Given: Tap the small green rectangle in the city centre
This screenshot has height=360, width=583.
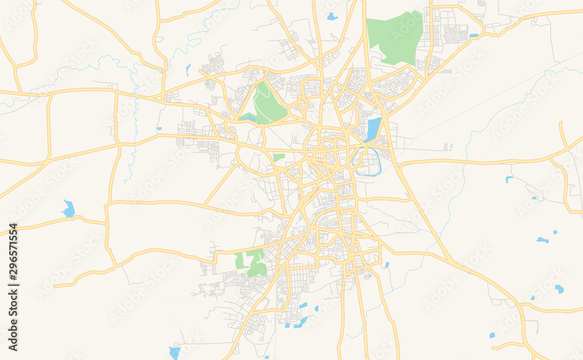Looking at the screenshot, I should [279, 157].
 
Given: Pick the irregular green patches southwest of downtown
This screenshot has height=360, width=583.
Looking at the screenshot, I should [252, 262].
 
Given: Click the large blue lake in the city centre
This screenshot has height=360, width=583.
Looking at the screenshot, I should [373, 130].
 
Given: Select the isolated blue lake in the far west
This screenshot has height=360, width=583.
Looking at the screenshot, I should [69, 208].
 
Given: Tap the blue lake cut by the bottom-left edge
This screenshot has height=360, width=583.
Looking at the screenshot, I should [174, 352].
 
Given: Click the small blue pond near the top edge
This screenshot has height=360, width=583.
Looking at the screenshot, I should [332, 17].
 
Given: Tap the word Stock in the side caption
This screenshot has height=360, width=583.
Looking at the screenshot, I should [13, 306].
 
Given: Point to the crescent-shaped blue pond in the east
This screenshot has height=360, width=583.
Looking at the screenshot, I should [542, 240].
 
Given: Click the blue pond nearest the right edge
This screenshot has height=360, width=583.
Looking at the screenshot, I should [559, 289].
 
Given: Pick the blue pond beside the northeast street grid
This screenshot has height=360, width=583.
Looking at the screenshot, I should [473, 36].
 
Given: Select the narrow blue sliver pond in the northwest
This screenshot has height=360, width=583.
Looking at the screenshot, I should [188, 70].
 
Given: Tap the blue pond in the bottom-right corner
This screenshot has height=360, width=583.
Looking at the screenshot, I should [492, 335].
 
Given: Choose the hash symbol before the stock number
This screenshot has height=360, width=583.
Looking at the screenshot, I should [13, 279].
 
